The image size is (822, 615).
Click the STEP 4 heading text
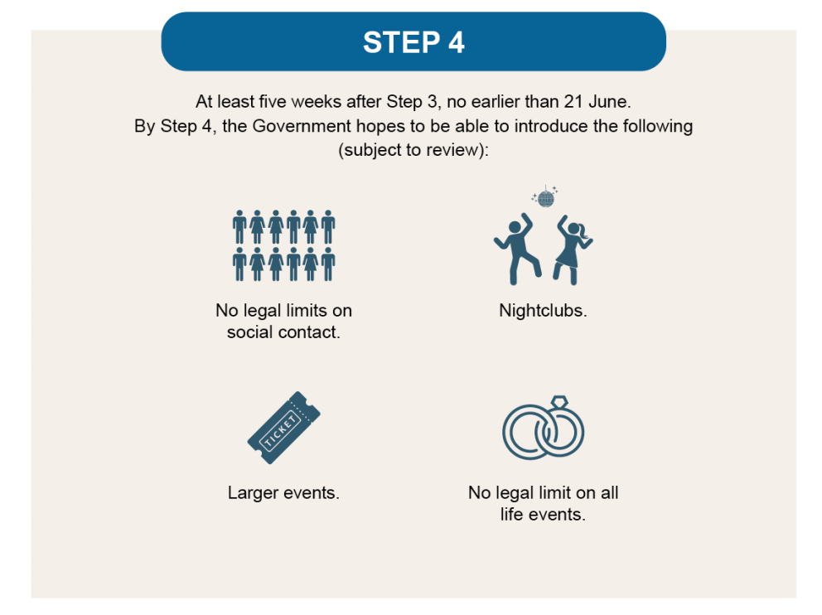(x=413, y=42)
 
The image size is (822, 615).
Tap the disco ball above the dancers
(x=544, y=198)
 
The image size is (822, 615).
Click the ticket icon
(x=283, y=427)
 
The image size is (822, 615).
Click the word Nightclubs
(x=543, y=311)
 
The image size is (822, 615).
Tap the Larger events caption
(x=283, y=492)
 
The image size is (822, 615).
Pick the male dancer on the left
(x=518, y=246)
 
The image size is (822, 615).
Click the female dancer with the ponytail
(x=571, y=247)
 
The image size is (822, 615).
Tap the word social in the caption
(x=251, y=333)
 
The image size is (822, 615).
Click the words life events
(x=543, y=514)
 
